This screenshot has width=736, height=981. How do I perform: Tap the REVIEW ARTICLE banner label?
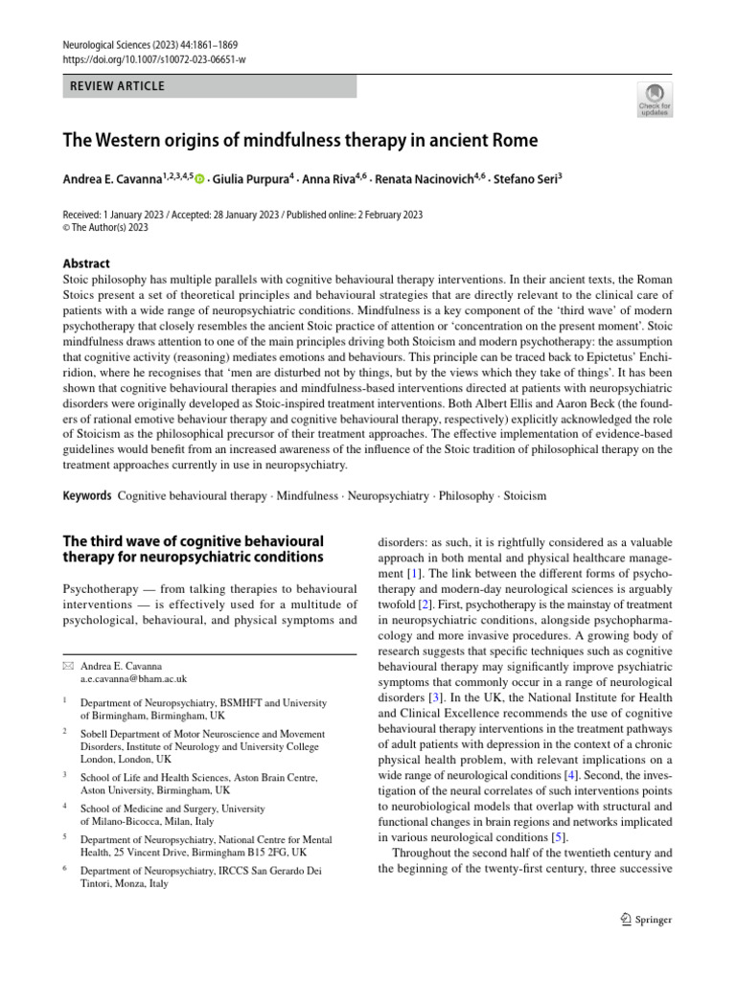pos(118,86)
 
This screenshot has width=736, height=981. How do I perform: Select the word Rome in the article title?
pos(510,141)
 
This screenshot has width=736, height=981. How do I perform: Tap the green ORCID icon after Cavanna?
pos(200,179)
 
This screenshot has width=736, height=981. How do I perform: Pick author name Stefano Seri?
pos(524,178)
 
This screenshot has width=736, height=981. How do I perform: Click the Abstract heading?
pos(86,263)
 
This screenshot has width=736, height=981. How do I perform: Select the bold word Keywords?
pos(86,497)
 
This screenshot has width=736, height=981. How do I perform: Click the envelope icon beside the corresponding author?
pos(67,665)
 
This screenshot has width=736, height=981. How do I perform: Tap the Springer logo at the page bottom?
pos(647,920)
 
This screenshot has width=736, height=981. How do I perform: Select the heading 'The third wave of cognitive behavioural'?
pos(193,541)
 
